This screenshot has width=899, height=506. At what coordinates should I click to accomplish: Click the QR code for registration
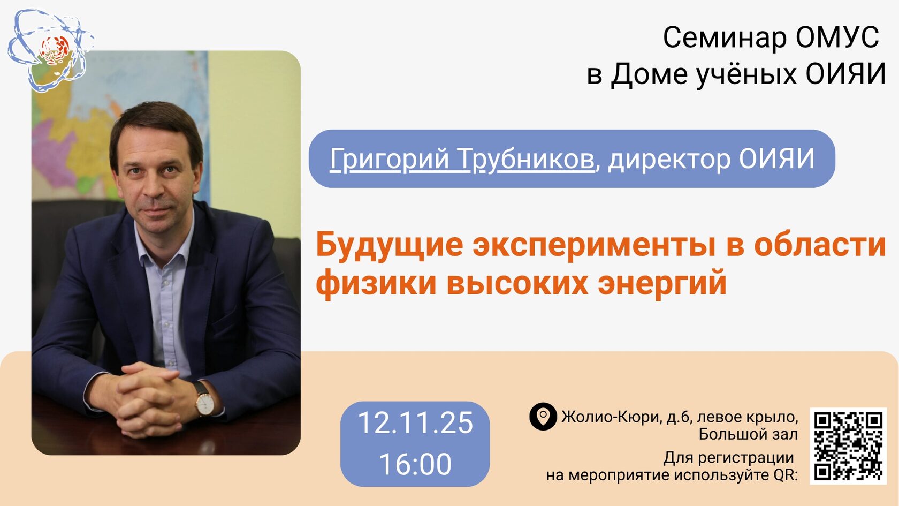tap(848, 446)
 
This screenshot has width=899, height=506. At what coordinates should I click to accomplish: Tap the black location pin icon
tap(543, 417)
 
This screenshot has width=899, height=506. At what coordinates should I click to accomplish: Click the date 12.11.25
tap(415, 423)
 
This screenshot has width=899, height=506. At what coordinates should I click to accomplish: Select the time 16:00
tap(415, 464)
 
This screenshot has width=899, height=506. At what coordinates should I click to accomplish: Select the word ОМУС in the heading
tap(837, 37)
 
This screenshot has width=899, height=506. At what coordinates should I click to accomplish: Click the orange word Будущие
tap(390, 246)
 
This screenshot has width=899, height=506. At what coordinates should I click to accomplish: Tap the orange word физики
tap(376, 284)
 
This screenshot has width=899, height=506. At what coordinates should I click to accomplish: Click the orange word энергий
tap(662, 284)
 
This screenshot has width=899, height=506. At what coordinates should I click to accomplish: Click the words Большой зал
tap(748, 434)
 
